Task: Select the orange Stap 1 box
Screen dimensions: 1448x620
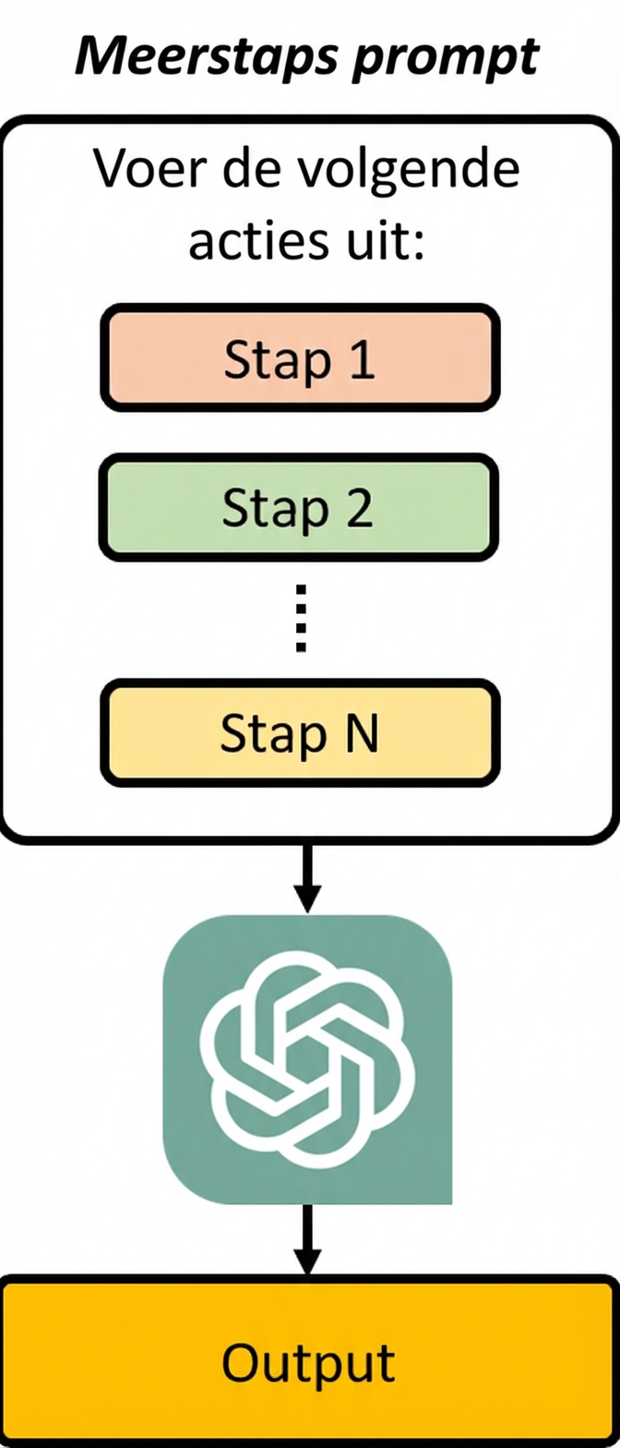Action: click(x=300, y=357)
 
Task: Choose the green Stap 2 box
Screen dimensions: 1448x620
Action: click(x=300, y=507)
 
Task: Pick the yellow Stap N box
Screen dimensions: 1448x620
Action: click(x=300, y=733)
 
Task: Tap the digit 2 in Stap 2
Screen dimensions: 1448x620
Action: click(x=359, y=508)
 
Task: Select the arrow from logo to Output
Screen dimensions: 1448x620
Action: click(x=306, y=1238)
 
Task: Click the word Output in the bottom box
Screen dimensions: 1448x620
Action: click(x=308, y=1362)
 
